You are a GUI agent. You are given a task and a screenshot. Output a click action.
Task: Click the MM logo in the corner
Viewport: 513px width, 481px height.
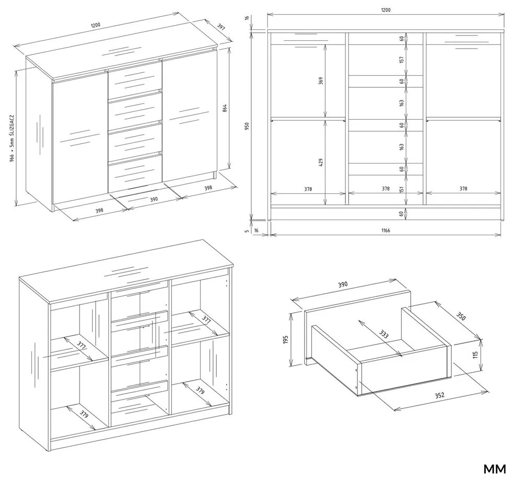pos(494,469)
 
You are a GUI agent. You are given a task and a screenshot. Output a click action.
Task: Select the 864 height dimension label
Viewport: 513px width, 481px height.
pos(225,108)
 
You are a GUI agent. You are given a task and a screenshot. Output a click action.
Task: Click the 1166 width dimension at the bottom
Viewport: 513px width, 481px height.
pos(386,231)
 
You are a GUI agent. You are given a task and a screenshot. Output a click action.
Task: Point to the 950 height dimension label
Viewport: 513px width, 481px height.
pos(247,126)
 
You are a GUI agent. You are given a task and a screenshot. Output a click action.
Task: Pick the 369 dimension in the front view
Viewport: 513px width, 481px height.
pos(320,81)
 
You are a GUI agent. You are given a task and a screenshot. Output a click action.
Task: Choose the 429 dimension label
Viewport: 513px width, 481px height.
pos(320,163)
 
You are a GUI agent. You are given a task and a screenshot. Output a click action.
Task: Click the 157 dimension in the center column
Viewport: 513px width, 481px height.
pos(402,60)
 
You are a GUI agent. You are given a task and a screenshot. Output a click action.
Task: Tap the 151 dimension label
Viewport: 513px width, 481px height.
pos(402,189)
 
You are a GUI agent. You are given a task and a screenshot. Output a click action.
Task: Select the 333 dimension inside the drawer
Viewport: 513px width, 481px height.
pos(384,334)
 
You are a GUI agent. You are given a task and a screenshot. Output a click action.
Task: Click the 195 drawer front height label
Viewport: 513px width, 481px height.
pos(286,339)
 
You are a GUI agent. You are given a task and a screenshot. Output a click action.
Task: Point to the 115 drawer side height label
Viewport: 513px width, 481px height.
pos(475,354)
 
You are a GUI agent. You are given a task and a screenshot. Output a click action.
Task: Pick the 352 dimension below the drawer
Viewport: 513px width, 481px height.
pos(439,395)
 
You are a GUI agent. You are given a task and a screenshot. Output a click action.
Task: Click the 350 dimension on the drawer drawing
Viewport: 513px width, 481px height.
pos(460,316)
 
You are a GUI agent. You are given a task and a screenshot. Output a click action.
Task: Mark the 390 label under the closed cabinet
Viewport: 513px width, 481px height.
pos(154,199)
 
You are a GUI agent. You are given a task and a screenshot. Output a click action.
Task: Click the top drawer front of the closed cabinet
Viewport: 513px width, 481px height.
pos(135,79)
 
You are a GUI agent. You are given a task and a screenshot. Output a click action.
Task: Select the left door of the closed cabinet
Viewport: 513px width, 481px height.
pos(80,138)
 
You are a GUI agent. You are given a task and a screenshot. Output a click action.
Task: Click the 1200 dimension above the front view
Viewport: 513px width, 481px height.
pos(386,10)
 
